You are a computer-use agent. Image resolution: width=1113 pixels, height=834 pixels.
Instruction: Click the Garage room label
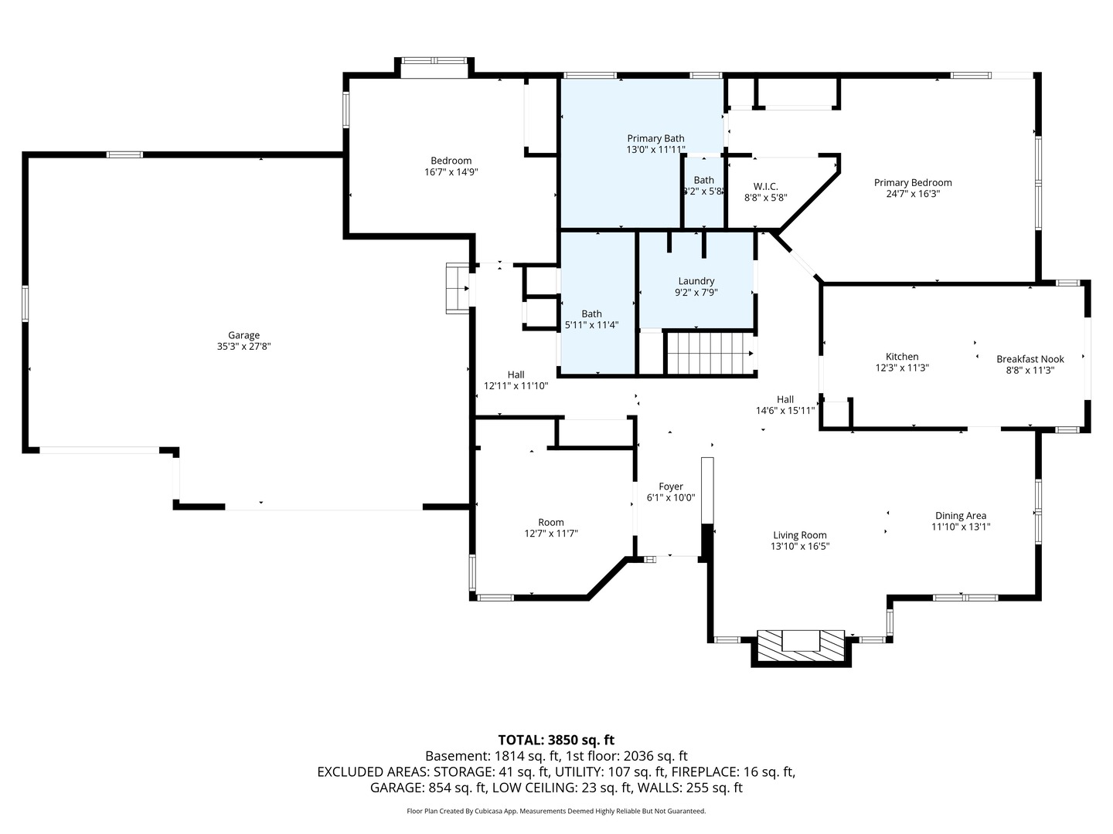coord(243,335)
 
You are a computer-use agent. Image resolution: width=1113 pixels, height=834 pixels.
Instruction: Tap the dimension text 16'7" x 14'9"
coord(451,172)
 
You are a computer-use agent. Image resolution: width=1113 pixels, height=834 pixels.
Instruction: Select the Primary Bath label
coord(655,138)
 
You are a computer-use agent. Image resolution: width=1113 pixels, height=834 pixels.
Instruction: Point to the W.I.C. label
coord(765,186)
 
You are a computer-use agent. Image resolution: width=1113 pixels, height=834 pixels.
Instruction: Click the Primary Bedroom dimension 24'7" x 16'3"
coord(913,194)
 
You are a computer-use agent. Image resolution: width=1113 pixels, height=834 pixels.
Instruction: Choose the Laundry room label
coord(696,281)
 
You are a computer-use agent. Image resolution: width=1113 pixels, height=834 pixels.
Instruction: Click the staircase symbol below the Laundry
coord(710,353)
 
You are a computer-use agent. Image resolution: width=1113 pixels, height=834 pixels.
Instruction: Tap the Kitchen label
coord(901,357)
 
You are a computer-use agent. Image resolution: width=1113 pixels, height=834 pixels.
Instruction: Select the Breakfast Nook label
coord(1030,359)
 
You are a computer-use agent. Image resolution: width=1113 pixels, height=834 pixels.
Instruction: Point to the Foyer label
coord(670,486)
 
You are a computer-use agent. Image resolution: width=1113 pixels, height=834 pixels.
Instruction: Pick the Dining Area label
coord(961,516)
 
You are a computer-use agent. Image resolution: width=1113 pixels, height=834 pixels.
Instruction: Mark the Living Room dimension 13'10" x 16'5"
coord(800,546)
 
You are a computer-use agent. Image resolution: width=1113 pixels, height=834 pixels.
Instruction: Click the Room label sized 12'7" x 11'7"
coord(550,522)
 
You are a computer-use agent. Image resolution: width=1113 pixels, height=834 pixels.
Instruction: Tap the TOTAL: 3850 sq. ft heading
coord(556,740)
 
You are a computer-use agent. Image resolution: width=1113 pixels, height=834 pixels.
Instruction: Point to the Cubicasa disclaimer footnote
coord(556,811)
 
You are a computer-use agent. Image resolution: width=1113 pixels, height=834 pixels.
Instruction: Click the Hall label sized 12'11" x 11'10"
coord(516,375)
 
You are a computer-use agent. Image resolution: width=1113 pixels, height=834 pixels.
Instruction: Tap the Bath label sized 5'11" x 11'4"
coord(591,314)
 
